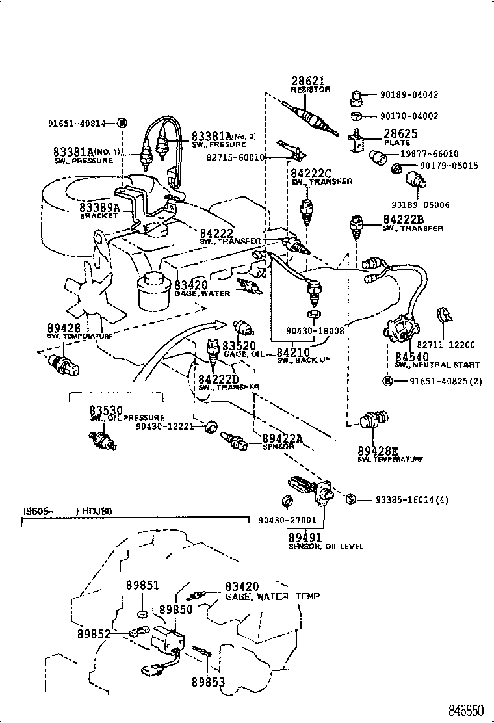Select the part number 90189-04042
pos(409,95)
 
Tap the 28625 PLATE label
pos(399,134)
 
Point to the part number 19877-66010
pos(428,154)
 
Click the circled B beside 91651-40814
pos(122,123)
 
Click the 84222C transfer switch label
pos(311,174)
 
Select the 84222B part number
pos(403,219)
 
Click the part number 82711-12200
pos(446,345)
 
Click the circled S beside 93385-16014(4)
pos(349,499)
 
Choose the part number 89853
pos(207,681)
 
